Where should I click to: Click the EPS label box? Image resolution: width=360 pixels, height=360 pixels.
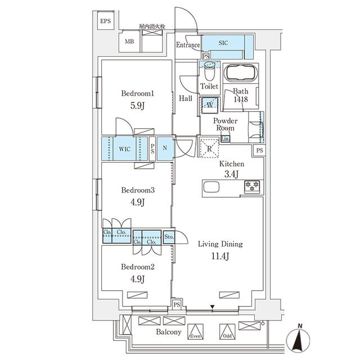click(106, 21)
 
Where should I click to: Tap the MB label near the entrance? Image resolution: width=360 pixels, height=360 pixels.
click(129, 42)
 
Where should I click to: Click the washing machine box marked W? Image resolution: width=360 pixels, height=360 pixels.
click(209, 105)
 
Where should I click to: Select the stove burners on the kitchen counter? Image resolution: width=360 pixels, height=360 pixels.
click(251, 186)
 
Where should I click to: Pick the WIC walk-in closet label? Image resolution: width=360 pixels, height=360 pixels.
click(124, 149)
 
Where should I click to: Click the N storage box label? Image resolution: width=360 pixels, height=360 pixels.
click(165, 149)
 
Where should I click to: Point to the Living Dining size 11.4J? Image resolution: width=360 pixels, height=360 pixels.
click(219, 256)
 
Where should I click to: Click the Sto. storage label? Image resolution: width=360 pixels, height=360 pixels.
click(169, 237)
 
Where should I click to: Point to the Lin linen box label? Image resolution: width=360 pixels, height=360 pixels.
click(225, 139)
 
